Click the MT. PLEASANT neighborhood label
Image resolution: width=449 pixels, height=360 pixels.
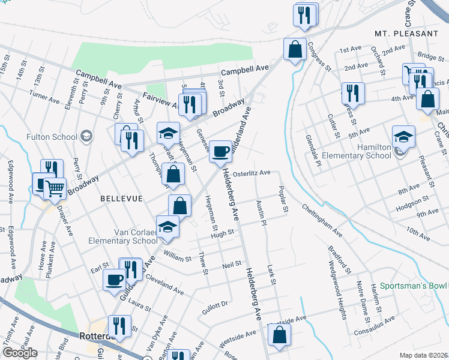pyautogui.click(x=406, y=34)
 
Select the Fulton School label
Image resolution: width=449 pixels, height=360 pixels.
pyautogui.click(x=52, y=137)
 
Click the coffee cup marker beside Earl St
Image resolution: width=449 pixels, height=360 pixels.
pyautogui.click(x=114, y=279)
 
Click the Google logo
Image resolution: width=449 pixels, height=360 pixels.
pyautogui.click(x=20, y=352)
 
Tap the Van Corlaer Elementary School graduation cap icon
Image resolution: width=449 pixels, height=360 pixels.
pyautogui.click(x=168, y=226)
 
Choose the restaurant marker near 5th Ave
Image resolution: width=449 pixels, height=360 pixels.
pyautogui.click(x=352, y=93)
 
